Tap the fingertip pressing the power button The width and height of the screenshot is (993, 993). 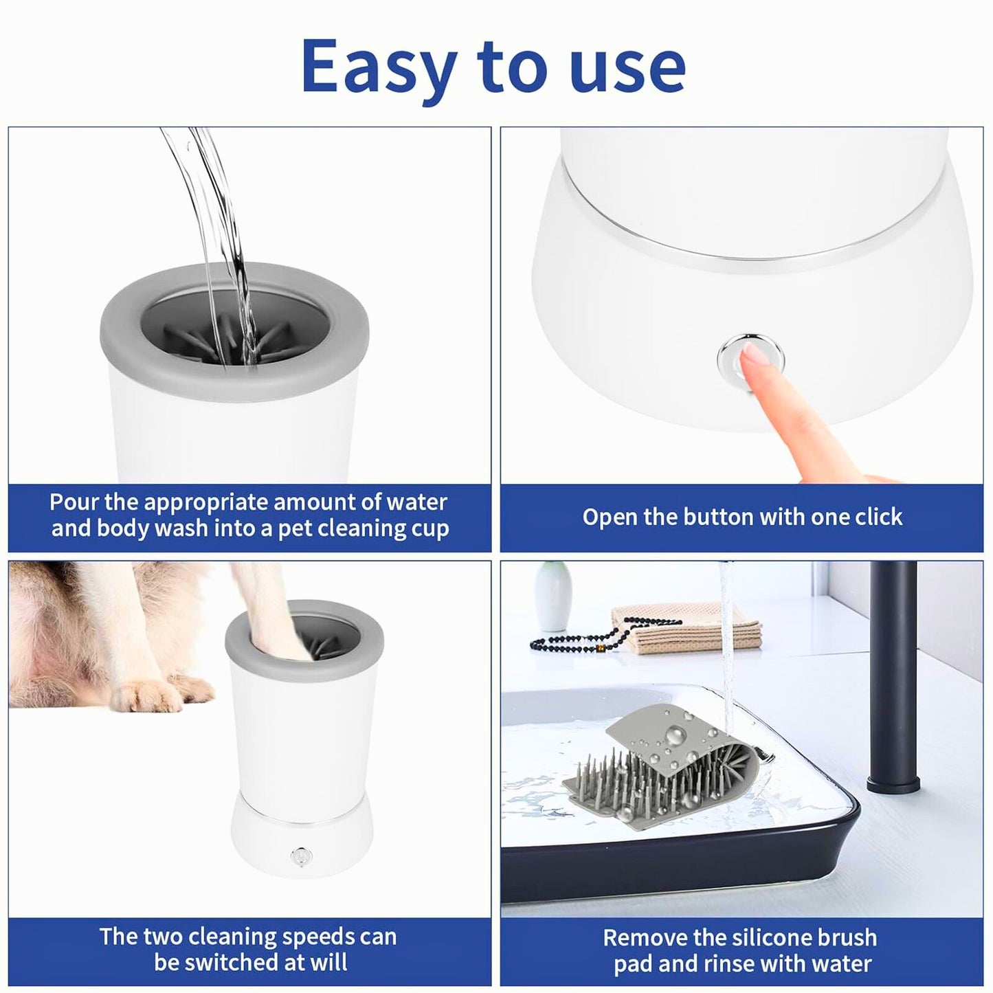click(x=756, y=357)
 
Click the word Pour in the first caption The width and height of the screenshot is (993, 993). click(x=74, y=502)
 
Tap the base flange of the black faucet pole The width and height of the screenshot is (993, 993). click(x=893, y=783)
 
